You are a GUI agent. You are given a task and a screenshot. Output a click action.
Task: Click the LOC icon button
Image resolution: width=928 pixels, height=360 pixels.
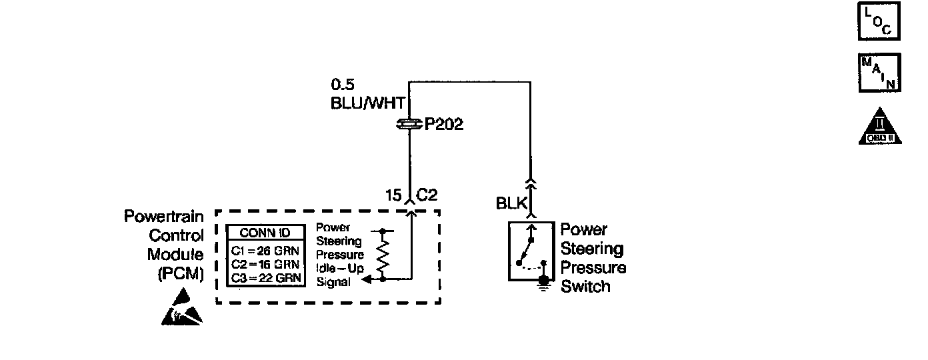point(878,21)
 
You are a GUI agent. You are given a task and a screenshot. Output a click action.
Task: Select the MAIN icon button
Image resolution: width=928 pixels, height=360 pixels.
point(878,73)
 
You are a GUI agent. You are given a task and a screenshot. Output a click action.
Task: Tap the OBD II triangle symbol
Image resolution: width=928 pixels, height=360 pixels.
point(880,127)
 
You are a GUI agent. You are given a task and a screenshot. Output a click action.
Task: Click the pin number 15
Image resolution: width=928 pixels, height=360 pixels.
point(393,195)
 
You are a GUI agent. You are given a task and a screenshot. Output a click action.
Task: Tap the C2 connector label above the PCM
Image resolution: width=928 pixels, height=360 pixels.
point(427,195)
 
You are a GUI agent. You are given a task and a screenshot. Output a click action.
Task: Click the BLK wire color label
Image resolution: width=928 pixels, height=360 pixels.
point(511,203)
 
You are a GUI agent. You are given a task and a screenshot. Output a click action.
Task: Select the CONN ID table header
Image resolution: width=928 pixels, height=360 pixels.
point(265,233)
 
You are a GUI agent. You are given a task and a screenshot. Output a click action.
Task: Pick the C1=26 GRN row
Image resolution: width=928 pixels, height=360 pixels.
point(265,251)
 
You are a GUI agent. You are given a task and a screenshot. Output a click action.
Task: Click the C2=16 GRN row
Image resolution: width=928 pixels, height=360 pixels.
point(265,264)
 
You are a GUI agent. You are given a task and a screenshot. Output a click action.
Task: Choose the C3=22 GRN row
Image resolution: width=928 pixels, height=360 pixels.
point(265,277)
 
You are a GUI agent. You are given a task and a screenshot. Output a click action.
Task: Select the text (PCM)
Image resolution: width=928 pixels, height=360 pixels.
point(180,274)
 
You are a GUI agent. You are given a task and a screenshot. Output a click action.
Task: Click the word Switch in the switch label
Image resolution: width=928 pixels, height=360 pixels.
point(585,287)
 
